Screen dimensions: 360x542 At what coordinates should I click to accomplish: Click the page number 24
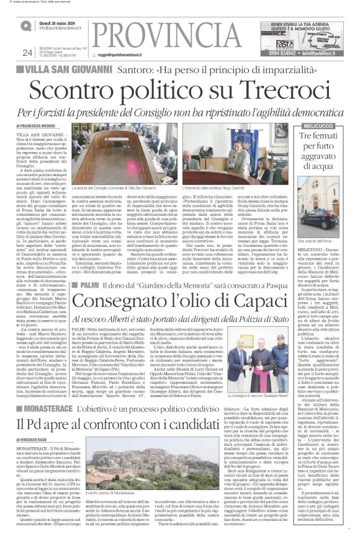tap(27, 52)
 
